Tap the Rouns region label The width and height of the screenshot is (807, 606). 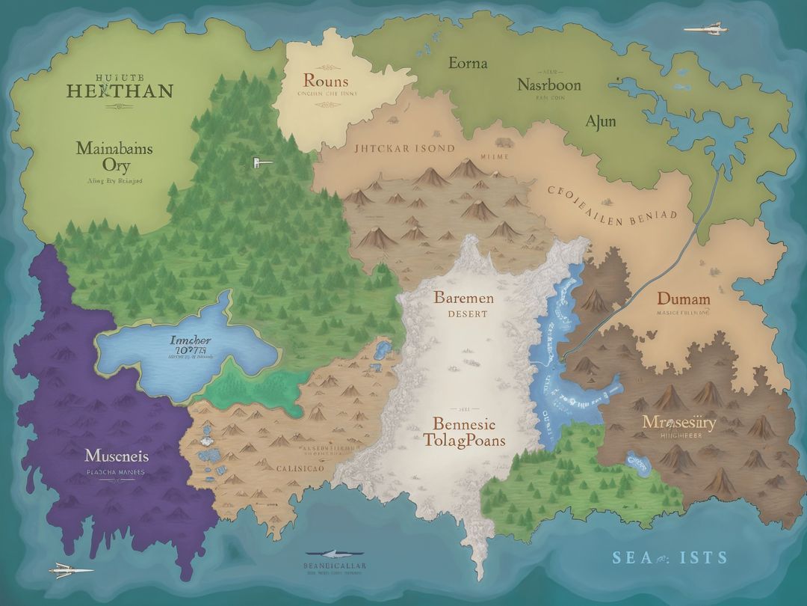(326, 81)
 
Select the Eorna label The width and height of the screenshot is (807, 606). (468, 63)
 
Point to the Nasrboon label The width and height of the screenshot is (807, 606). (548, 85)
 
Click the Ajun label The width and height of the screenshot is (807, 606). (600, 120)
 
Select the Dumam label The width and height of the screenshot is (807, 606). (683, 299)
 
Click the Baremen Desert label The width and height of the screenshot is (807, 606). (463, 303)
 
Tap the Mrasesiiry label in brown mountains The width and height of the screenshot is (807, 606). (678, 423)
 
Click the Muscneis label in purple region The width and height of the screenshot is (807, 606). (117, 456)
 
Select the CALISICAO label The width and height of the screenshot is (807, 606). (300, 468)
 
